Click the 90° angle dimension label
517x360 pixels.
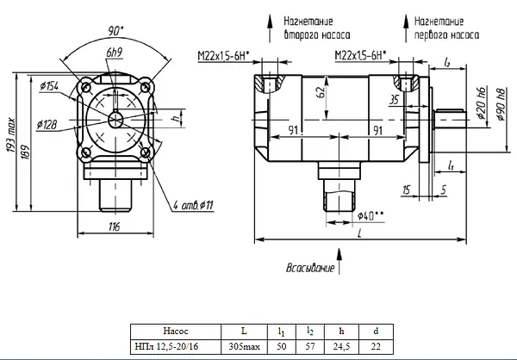tap(115, 31)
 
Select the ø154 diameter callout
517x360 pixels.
tap(49, 86)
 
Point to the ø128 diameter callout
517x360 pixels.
tap(47, 125)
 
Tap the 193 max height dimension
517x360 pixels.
tap(11, 135)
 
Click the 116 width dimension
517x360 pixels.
tap(115, 227)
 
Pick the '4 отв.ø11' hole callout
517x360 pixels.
tap(193, 205)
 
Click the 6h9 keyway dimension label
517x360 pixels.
tap(115, 53)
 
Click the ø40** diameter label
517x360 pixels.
tap(371, 216)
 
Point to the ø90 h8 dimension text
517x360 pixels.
tap(501, 104)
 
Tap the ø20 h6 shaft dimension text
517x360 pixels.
tap(481, 102)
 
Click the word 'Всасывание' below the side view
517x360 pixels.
tap(310, 267)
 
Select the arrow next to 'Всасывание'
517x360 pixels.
tap(339, 262)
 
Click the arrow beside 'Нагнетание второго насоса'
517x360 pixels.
tap(270, 28)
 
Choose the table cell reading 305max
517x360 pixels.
tap(245, 346)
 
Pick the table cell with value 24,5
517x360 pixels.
tap(341, 346)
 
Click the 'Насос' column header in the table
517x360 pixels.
tap(176, 331)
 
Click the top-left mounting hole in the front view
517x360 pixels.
tap(86, 87)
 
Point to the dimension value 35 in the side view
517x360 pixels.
tap(394, 100)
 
